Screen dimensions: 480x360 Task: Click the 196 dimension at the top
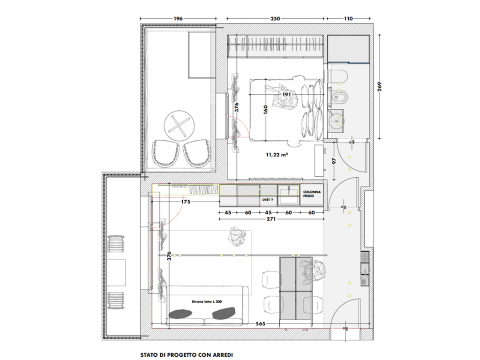(178, 19)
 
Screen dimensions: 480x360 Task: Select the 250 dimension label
(275, 19)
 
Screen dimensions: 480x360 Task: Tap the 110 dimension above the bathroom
(348, 19)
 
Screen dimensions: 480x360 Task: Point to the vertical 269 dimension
(380, 86)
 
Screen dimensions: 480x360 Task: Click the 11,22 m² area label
(277, 155)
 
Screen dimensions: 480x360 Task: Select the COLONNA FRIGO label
(312, 194)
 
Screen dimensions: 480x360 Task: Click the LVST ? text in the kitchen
(268, 200)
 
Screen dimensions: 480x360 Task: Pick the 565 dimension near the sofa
(261, 323)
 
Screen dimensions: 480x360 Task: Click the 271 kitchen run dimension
(271, 219)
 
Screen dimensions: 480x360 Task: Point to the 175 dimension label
(186, 202)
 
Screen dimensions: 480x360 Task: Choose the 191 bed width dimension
(286, 95)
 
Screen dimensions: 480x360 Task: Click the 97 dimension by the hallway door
(335, 161)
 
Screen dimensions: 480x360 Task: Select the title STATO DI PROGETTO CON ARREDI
(187, 355)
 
